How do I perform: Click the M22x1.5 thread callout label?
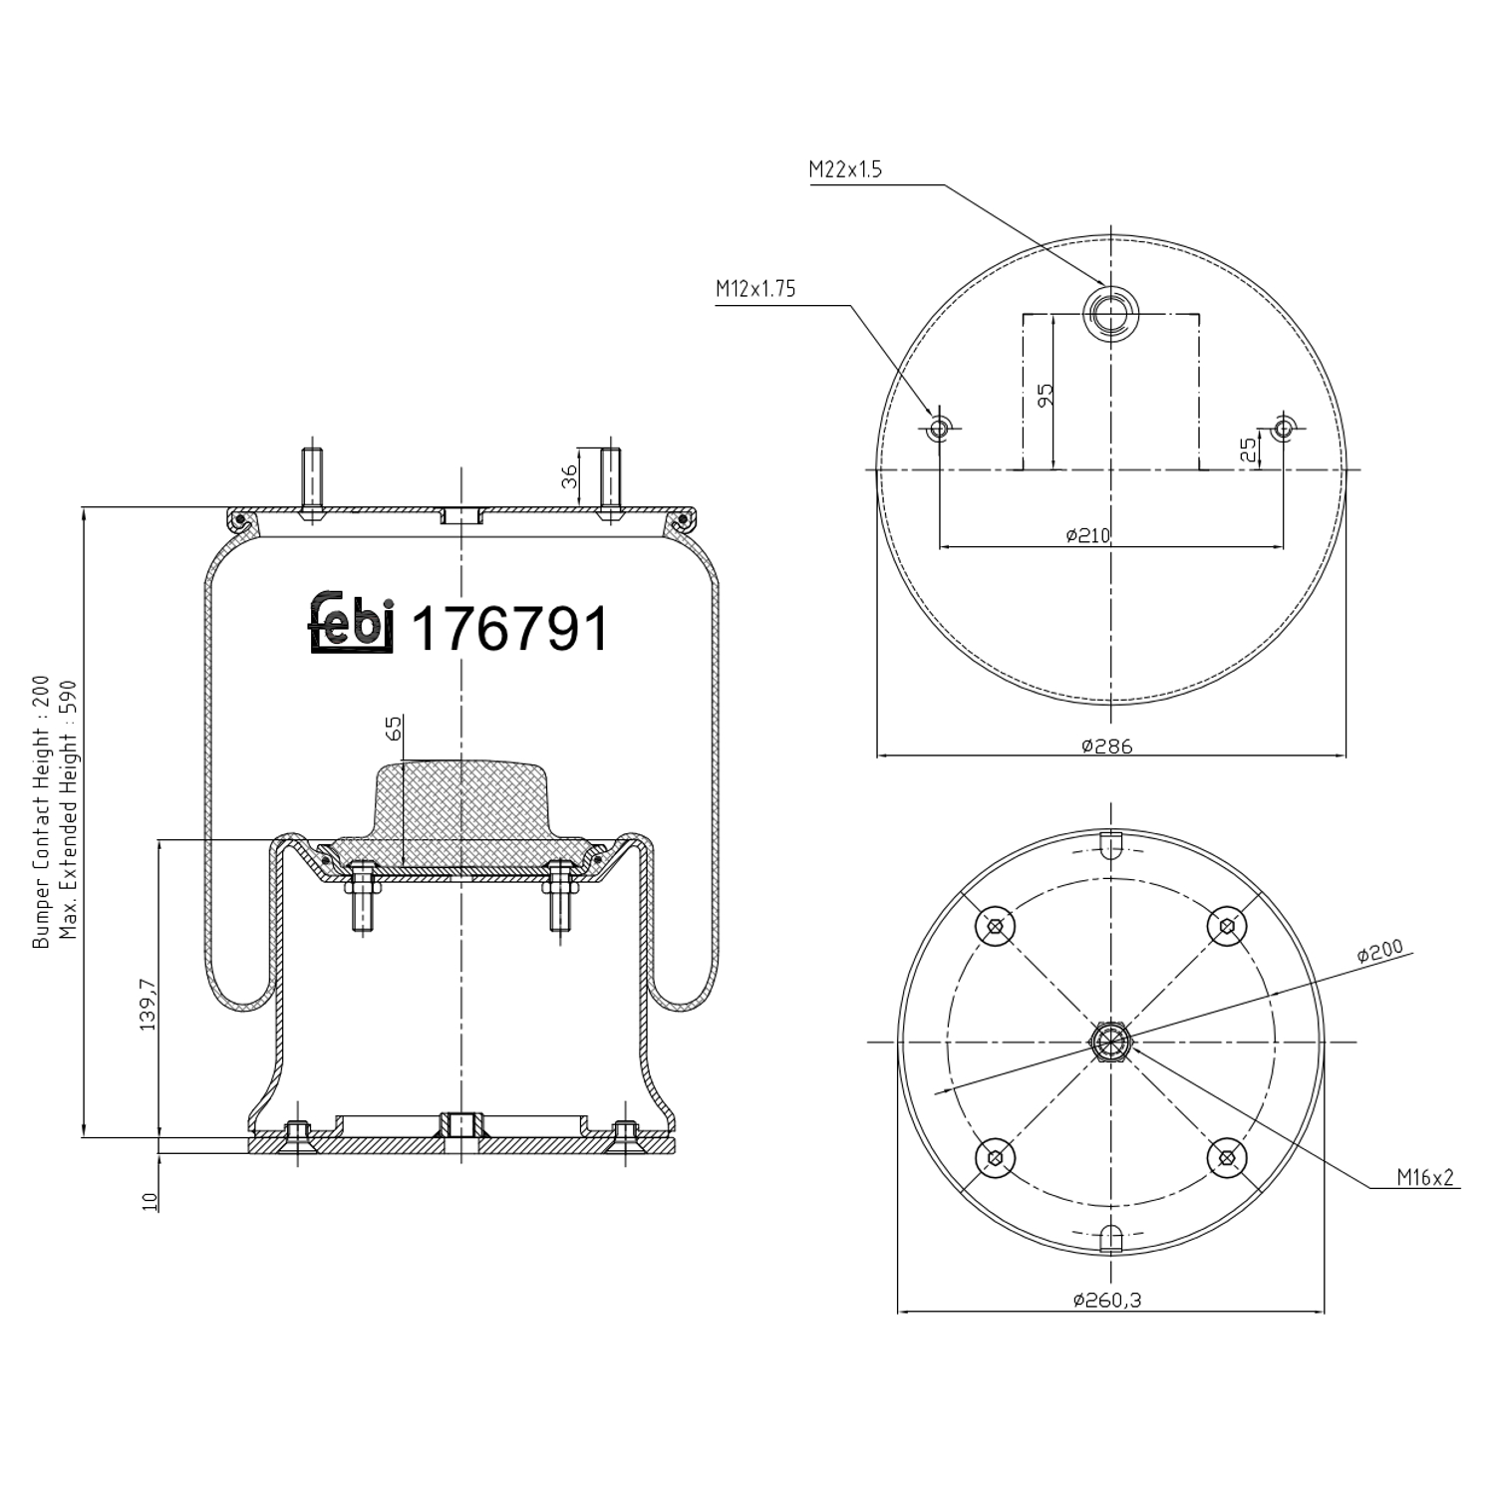tap(845, 169)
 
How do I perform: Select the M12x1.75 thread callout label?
tap(755, 290)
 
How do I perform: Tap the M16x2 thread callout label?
tap(1424, 1177)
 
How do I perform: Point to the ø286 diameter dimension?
tap(1107, 746)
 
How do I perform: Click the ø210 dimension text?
tap(1087, 535)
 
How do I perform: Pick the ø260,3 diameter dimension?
tap(1106, 1300)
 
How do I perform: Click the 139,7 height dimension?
tap(148, 1004)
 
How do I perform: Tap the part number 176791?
tap(509, 629)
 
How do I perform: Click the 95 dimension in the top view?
tap(1045, 395)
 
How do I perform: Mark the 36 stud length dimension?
tap(570, 476)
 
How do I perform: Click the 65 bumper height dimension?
tap(393, 727)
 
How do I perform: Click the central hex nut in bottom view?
tap(1110, 1042)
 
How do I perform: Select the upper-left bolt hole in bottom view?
tap(995, 927)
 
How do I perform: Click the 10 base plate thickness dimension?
tap(150, 1201)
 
